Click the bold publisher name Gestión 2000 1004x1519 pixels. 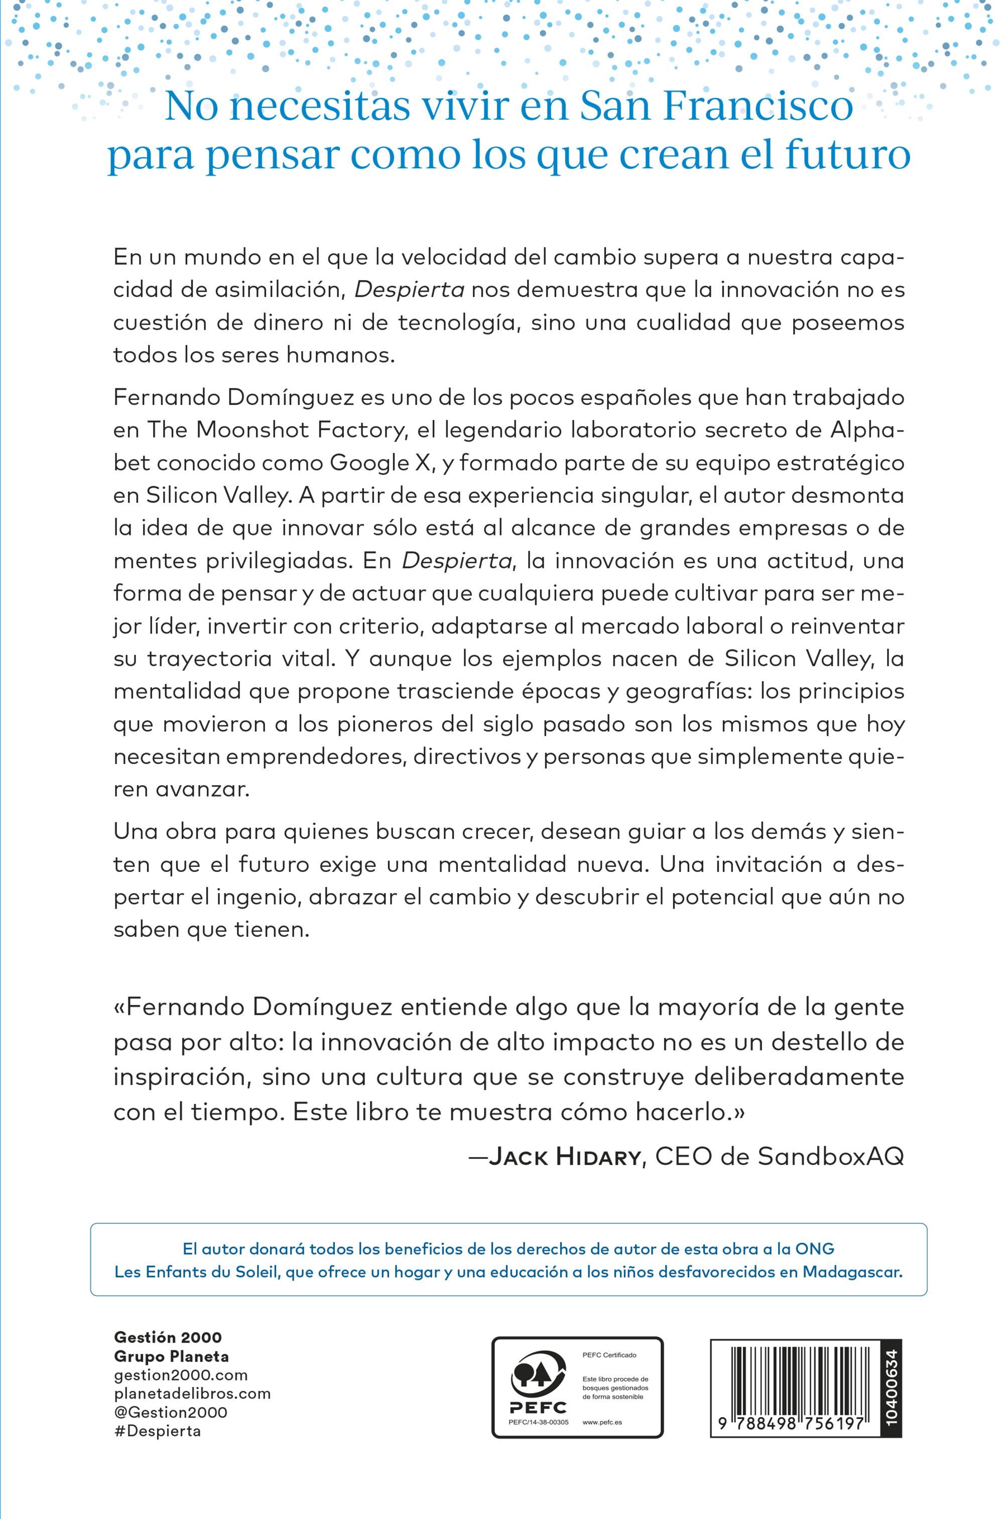[168, 1337]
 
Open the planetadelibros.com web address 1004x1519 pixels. [192, 1393]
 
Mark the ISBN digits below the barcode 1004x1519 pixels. [792, 1423]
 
